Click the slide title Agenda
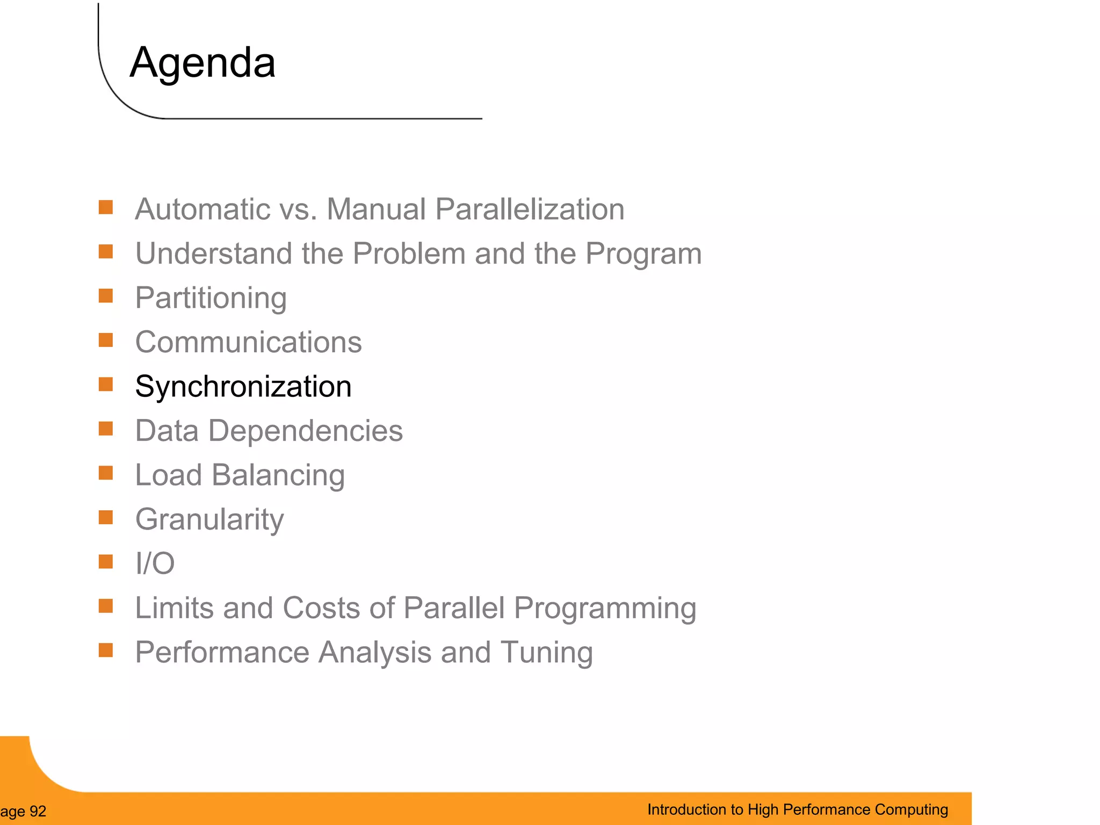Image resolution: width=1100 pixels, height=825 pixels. [x=202, y=63]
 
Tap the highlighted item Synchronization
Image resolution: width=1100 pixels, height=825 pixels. [x=243, y=387]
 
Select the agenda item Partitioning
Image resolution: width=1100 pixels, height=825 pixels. [x=211, y=298]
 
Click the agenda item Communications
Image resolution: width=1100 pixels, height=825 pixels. [x=248, y=342]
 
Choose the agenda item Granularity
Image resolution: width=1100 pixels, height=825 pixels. [x=209, y=519]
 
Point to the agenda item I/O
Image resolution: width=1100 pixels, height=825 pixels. [x=155, y=563]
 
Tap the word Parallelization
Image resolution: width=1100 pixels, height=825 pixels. [x=530, y=209]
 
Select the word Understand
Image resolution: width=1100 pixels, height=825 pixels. [x=213, y=254]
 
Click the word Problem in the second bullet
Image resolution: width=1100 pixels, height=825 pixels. [x=409, y=254]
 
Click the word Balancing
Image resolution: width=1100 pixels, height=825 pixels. [x=278, y=476]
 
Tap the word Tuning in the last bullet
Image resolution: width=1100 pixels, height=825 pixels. [x=546, y=653]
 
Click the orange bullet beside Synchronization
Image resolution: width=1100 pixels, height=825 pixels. [x=106, y=385]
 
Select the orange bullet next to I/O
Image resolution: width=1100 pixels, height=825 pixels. [x=106, y=562]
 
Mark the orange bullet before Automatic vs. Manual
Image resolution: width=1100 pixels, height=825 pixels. [x=106, y=207]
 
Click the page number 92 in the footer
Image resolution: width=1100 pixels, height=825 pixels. [x=38, y=812]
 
